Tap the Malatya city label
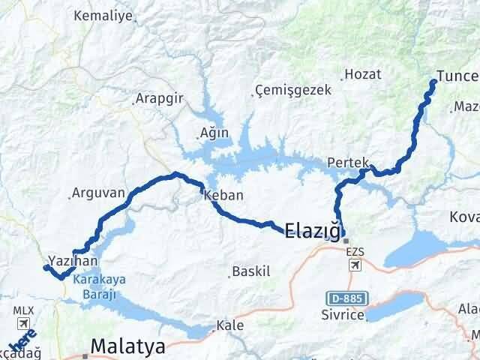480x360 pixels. click(x=128, y=346)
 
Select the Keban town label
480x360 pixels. click(x=223, y=195)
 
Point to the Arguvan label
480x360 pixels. click(x=98, y=193)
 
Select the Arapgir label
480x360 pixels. click(x=157, y=98)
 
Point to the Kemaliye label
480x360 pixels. click(x=101, y=15)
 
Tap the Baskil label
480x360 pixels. click(x=251, y=271)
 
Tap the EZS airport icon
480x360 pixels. click(x=354, y=264)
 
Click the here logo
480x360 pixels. click(x=25, y=347)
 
